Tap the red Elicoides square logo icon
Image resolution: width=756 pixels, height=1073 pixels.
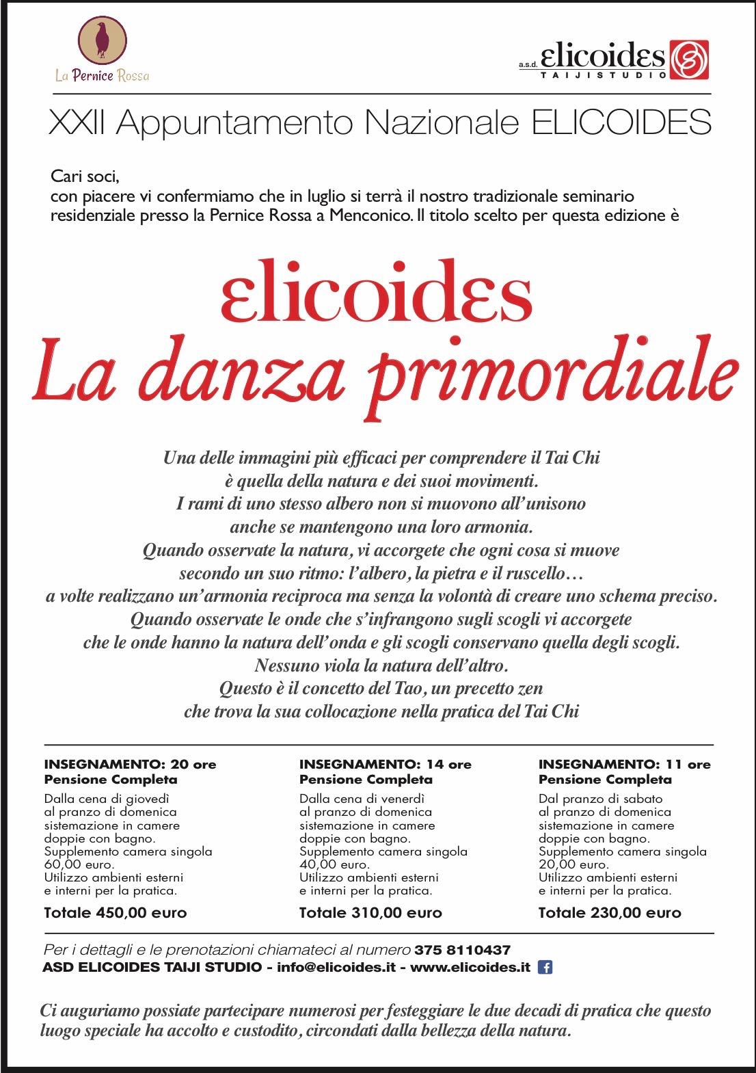[688, 59]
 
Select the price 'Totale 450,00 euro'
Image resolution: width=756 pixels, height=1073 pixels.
[115, 912]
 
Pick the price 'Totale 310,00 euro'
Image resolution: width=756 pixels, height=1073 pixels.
[370, 912]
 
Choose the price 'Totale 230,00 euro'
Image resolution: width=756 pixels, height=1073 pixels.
[610, 912]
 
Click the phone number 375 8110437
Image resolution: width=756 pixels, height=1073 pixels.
[462, 950]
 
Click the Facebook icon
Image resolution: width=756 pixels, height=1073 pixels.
[545, 967]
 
